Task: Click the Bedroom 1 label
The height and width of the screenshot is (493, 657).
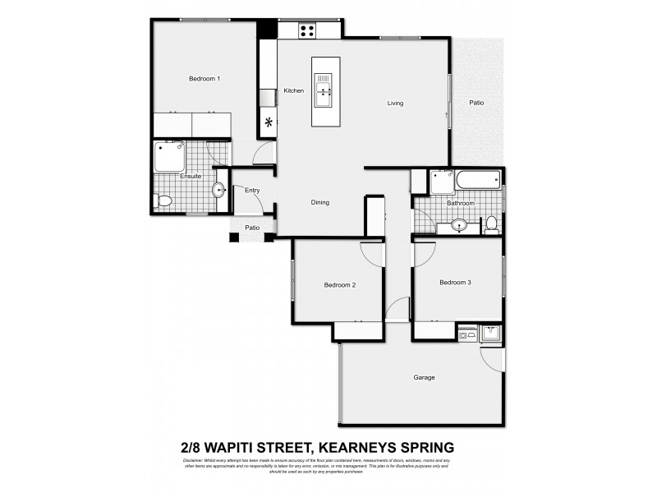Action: (204, 79)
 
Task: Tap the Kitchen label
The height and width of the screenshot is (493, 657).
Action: (294, 90)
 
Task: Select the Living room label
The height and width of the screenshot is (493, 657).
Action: (396, 104)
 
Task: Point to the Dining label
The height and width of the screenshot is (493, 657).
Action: (320, 202)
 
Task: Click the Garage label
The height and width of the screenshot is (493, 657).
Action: (424, 378)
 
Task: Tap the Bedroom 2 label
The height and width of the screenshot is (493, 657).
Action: (339, 285)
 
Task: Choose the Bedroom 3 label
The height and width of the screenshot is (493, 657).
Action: (455, 283)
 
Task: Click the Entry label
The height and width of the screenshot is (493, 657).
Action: (252, 191)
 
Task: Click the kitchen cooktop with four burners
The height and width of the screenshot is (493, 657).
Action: (307, 31)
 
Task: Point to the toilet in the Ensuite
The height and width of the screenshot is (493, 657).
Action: (163, 200)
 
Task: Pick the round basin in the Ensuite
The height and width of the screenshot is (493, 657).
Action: (219, 190)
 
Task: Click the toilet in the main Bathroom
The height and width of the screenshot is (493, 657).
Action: (491, 223)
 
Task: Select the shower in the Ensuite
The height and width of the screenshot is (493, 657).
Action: (170, 155)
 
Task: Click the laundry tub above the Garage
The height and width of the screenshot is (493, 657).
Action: (491, 333)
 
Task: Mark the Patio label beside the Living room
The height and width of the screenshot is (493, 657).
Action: (476, 103)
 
